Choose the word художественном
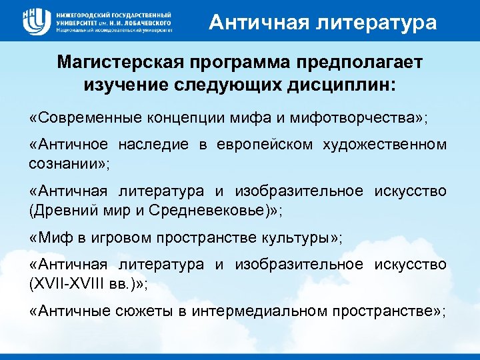[387, 145]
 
